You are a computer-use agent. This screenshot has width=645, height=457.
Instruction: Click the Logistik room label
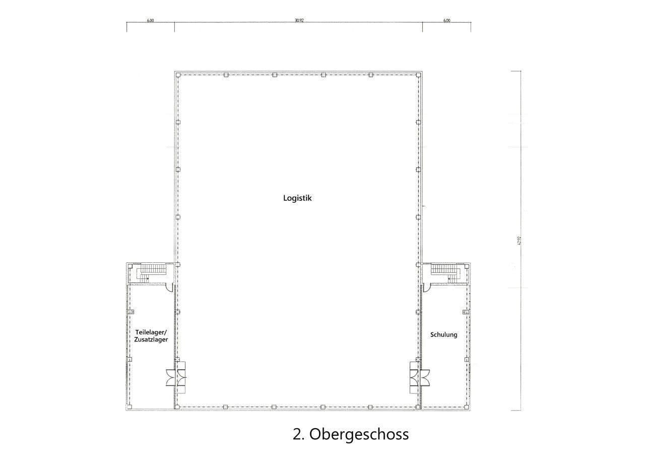click(297, 198)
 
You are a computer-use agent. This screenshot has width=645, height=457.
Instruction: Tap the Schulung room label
click(443, 334)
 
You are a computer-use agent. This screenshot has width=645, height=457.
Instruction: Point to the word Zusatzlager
click(151, 340)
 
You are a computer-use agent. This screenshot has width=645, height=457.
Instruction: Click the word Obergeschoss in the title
click(359, 434)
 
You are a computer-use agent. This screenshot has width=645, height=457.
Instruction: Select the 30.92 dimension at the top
click(299, 21)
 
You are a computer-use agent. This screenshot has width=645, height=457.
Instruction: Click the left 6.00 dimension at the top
click(150, 21)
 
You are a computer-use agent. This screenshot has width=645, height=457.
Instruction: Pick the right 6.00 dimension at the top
click(446, 21)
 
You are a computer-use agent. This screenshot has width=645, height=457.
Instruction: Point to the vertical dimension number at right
click(518, 241)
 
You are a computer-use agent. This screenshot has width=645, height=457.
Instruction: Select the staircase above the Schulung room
click(446, 272)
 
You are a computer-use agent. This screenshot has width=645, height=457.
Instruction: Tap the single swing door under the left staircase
click(169, 288)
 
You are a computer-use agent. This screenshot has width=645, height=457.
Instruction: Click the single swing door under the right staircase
click(426, 288)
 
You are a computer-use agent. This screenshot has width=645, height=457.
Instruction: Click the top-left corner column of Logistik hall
click(178, 75)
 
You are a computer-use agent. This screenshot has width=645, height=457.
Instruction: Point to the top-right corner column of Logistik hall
click(418, 75)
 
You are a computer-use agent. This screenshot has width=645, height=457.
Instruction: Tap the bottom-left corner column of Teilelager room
click(129, 406)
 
